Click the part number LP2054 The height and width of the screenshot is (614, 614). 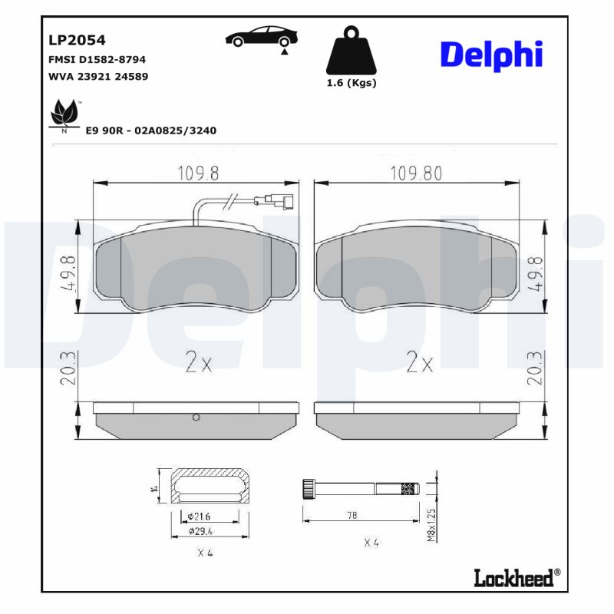click(77, 40)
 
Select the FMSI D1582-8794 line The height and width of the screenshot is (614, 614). click(97, 59)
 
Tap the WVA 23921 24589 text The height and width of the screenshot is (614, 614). click(98, 76)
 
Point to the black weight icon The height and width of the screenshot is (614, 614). click(352, 51)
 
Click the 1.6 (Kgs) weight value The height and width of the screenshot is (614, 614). click(352, 83)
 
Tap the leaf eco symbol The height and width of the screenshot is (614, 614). click(64, 115)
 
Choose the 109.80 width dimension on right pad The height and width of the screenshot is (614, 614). click(416, 173)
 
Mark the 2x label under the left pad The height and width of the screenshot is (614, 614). click(198, 363)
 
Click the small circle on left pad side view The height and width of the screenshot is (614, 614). click(196, 418)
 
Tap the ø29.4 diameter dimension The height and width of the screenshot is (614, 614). click(200, 530)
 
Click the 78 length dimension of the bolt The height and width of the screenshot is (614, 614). click(352, 516)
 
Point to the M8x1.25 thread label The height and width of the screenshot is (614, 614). click(431, 525)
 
